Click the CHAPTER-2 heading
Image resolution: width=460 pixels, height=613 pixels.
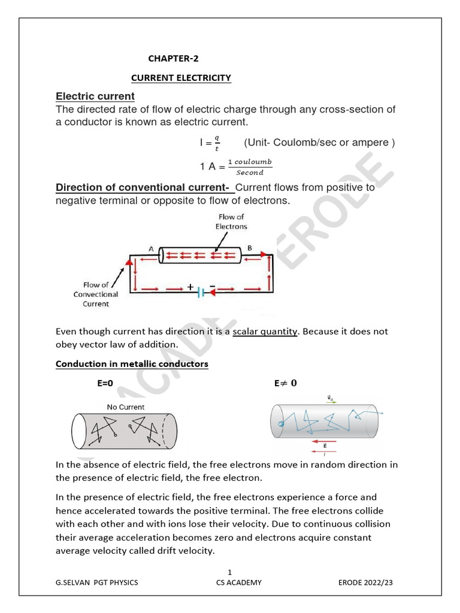pyautogui.click(x=173, y=59)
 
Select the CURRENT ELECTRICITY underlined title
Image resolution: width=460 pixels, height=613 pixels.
pyautogui.click(x=181, y=78)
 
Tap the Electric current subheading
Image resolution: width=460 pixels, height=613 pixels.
pyautogui.click(x=95, y=96)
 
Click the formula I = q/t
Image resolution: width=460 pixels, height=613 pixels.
pyautogui.click(x=210, y=143)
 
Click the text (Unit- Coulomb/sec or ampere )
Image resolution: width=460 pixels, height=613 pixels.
pyautogui.click(x=319, y=142)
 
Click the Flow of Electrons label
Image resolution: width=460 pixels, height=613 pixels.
pyautogui.click(x=231, y=221)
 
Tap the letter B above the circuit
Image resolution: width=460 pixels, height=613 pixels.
pyautogui.click(x=250, y=248)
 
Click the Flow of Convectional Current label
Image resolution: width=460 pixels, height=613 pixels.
pyautogui.click(x=96, y=295)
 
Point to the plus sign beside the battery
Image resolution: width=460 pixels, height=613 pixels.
pyautogui.click(x=190, y=287)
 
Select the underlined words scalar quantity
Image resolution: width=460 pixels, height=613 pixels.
pyautogui.click(x=265, y=332)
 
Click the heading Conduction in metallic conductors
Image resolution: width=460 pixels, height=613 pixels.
pyautogui.click(x=132, y=364)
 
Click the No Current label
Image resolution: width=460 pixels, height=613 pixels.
pyautogui.click(x=126, y=407)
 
